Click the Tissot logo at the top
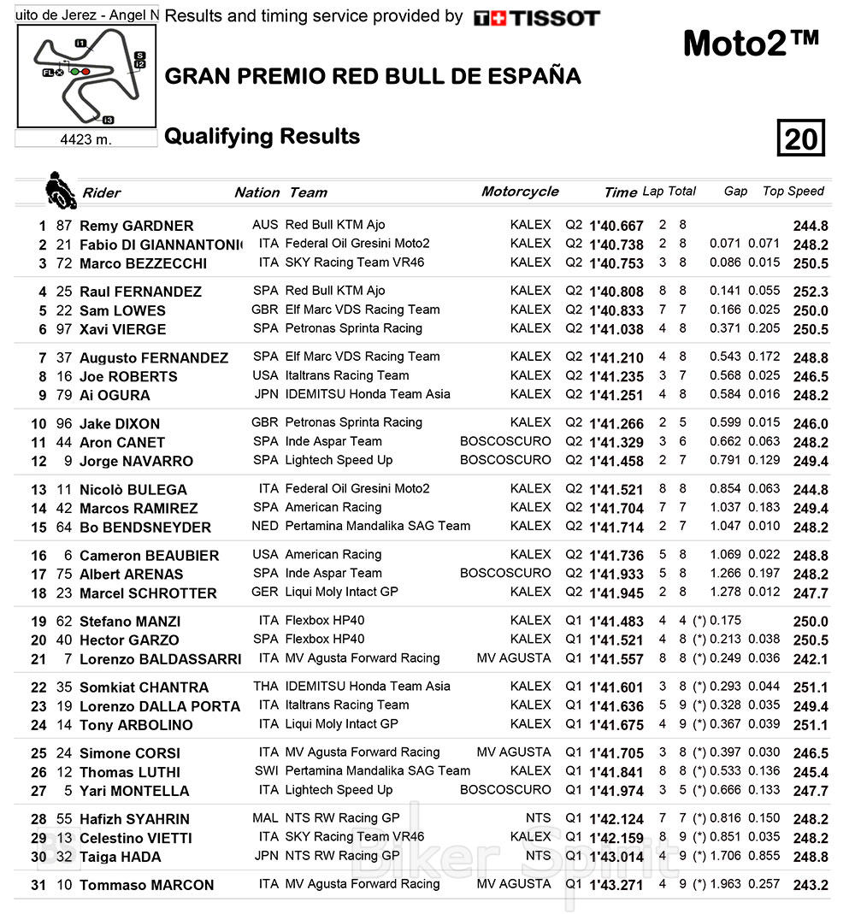pos(536,18)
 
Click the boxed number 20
pos(801,138)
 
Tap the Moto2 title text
pos(751,44)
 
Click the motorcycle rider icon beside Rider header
pos(60,189)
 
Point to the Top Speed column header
pos(793,192)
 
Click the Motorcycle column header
pos(520,192)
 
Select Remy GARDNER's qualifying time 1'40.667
pos(616,226)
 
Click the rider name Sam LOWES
pos(122,310)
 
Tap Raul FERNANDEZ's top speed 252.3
pos(811,292)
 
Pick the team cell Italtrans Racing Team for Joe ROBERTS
pos(347,375)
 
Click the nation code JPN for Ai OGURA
pos(266,394)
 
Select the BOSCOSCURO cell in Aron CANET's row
pos(505,441)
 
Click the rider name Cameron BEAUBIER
pos(149,556)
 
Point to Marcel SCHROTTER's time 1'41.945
pos(616,593)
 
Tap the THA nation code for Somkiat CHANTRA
pos(266,686)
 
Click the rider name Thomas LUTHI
pos(129,772)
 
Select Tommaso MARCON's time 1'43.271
pos(616,885)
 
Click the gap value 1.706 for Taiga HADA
pos(726,856)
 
